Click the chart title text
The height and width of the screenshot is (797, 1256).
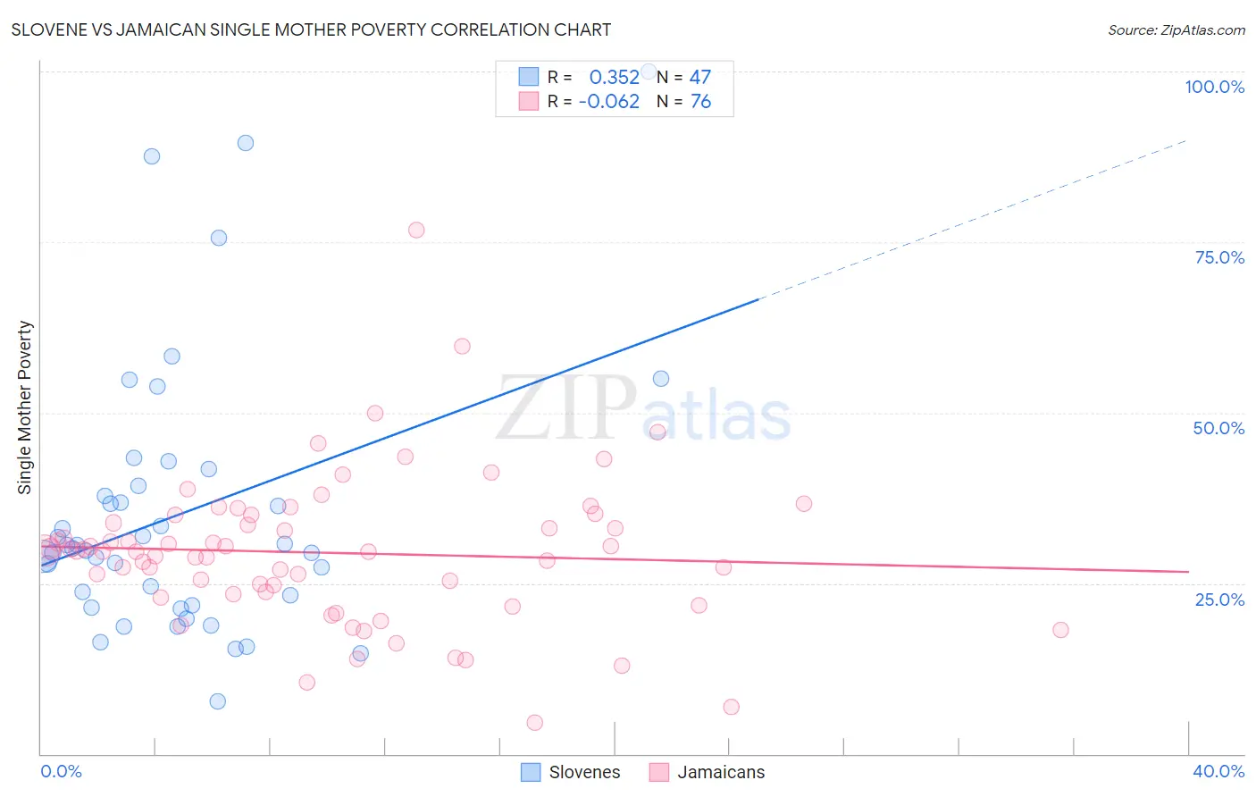(311, 29)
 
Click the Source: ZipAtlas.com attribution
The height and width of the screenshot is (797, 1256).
(1176, 30)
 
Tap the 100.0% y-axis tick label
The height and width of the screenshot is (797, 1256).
(1214, 87)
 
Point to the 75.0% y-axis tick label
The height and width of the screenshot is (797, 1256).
(1219, 257)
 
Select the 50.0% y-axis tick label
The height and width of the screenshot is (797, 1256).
(1218, 428)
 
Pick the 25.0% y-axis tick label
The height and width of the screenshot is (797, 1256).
(1219, 600)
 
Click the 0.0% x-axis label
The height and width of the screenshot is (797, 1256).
(61, 771)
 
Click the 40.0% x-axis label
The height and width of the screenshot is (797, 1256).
(1218, 771)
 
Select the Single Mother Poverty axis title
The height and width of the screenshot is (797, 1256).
(25, 407)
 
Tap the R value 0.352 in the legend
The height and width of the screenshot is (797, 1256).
(614, 77)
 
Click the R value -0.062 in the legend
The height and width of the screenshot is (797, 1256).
(609, 102)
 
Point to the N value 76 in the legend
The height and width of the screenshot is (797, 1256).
(700, 102)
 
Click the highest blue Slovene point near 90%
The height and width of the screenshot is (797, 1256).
(246, 143)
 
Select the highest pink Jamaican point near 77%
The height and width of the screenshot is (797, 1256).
(416, 230)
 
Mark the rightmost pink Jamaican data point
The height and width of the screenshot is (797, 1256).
(1060, 630)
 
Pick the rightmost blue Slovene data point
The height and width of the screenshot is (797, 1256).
(661, 379)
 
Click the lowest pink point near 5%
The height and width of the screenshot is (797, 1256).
(535, 723)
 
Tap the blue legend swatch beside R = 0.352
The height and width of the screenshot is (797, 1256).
(529, 77)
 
